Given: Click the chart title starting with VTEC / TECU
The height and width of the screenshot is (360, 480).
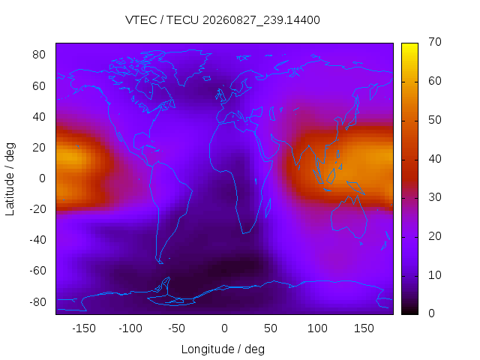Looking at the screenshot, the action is (223, 20).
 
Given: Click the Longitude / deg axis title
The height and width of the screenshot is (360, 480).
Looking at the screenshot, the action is (223, 349).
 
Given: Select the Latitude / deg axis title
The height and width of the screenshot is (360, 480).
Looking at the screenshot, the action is (10, 178).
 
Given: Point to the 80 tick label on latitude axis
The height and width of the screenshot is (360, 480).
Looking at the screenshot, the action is (39, 55).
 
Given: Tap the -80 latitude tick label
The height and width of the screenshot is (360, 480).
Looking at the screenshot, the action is (37, 302).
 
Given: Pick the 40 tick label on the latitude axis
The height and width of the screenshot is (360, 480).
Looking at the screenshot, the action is (39, 117).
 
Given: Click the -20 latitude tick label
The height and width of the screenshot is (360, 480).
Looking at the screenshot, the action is (37, 209).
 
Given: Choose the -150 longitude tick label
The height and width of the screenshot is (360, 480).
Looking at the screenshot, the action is (84, 328).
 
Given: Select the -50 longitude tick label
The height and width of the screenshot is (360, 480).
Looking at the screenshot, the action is (177, 328).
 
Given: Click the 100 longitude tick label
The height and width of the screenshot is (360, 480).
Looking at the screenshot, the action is (317, 328).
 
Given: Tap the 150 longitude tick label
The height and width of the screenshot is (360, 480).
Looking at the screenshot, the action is (364, 328).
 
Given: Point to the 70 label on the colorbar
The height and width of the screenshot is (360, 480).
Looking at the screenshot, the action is (435, 42).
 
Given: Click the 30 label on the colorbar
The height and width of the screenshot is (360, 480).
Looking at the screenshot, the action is (435, 197).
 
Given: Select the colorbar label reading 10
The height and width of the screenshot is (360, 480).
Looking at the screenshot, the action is (435, 275).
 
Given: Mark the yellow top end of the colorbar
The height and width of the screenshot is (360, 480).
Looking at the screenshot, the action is (409, 45).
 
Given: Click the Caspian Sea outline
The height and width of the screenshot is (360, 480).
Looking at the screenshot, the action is (271, 114).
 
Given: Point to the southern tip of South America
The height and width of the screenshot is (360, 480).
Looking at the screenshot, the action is (161, 263).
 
